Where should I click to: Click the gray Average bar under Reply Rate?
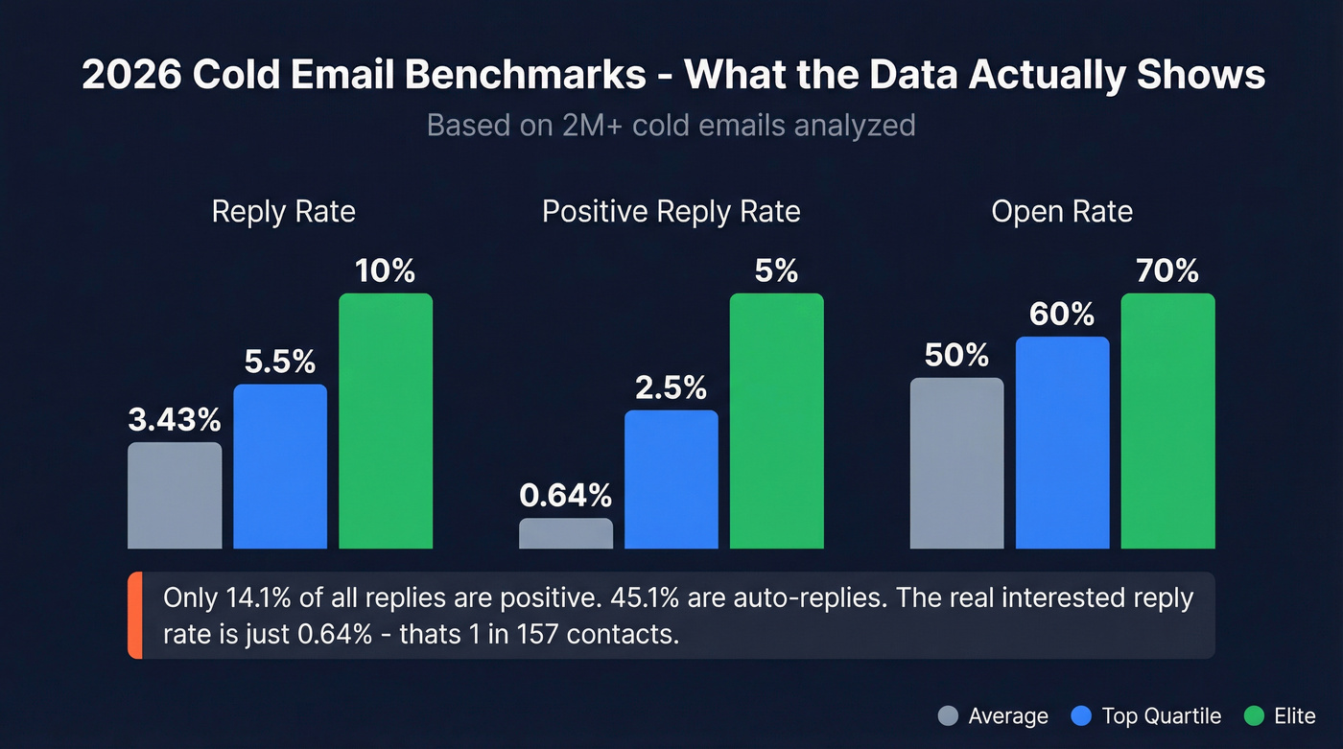pos(175,495)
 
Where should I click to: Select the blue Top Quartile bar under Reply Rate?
pos(280,466)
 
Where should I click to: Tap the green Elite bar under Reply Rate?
pos(386,421)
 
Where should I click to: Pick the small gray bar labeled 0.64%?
pos(566,533)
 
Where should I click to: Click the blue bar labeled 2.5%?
pos(671,480)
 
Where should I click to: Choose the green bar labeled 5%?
pos(777,421)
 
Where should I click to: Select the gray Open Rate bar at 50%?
pos(956,463)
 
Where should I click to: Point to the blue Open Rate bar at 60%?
pos(1062,442)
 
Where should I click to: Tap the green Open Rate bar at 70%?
pos(1167,421)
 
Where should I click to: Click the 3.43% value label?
pos(175,419)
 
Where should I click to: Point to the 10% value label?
pos(386,271)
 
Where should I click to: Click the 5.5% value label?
pos(280,362)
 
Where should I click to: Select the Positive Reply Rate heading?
pos(671,211)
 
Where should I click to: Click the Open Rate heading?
pos(1062,211)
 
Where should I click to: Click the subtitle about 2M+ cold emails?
pos(671,125)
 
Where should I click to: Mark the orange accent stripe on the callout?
pos(134,616)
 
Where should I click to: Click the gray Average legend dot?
pos(948,715)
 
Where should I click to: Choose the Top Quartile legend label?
pos(1161,715)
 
